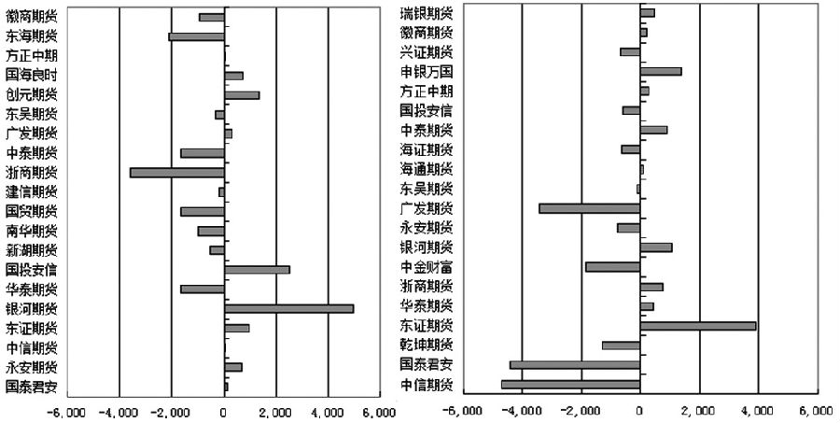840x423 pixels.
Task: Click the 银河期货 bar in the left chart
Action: [288, 309]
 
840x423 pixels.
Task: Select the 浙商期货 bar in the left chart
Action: [176, 173]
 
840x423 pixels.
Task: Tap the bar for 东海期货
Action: [196, 36]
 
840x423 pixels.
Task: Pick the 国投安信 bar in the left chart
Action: [257, 270]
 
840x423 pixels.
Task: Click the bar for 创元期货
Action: [242, 95]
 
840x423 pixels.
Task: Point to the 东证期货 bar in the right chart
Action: [697, 326]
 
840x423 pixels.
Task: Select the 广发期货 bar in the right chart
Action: [589, 208]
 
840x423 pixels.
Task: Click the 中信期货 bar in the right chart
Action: [570, 384]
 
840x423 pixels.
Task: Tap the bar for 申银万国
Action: [661, 71]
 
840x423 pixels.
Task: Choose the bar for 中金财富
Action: [612, 267]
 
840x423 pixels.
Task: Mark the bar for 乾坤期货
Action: [621, 345]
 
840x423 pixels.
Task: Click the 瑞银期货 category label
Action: [427, 13]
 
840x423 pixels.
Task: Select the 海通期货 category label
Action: [427, 169]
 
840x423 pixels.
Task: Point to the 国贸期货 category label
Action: [31, 211]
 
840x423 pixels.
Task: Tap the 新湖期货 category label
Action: [31, 250]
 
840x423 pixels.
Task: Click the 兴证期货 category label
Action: [427, 51]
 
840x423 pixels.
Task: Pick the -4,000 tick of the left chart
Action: [119, 412]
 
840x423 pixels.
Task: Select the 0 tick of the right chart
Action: [640, 411]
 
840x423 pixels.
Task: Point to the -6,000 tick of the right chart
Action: [464, 411]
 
